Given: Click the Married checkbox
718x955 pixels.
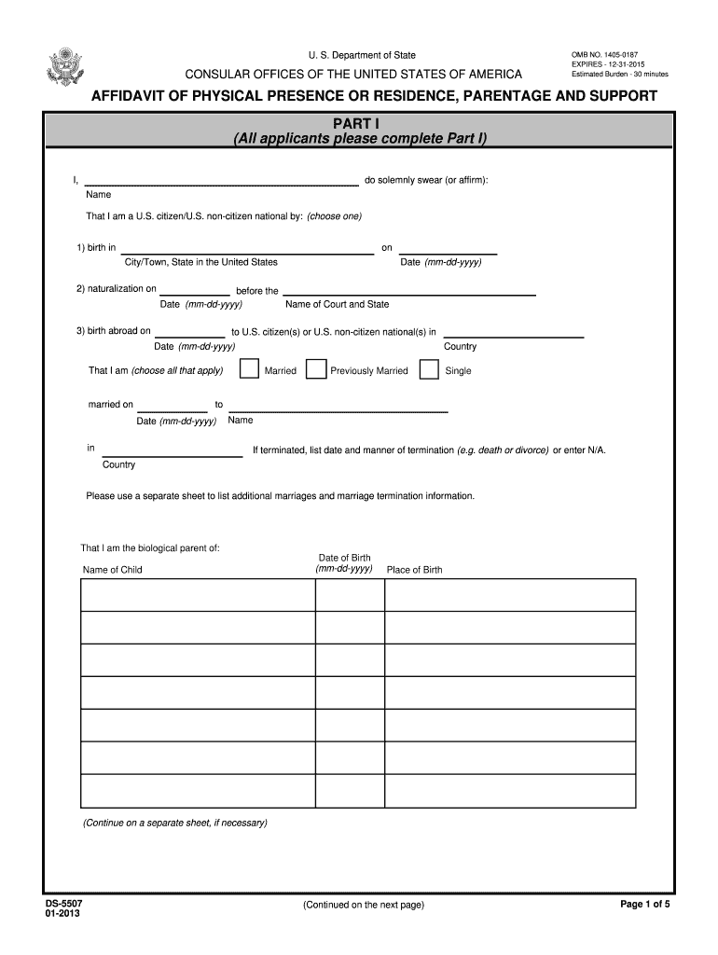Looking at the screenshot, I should click(249, 369).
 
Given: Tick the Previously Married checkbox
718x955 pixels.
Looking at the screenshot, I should click(316, 369).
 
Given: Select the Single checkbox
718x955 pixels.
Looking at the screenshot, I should click(429, 369).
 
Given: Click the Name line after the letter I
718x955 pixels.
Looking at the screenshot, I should click(222, 179).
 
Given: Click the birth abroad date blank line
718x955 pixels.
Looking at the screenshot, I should click(189, 331).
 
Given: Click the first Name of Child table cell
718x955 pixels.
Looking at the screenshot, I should click(198, 594).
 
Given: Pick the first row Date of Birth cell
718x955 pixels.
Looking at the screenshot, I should click(350, 594).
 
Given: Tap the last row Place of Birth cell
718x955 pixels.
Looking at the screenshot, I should click(510, 790).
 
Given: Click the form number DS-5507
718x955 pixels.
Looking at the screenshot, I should click(49, 905).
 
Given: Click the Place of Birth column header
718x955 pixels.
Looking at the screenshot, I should click(415, 570).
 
